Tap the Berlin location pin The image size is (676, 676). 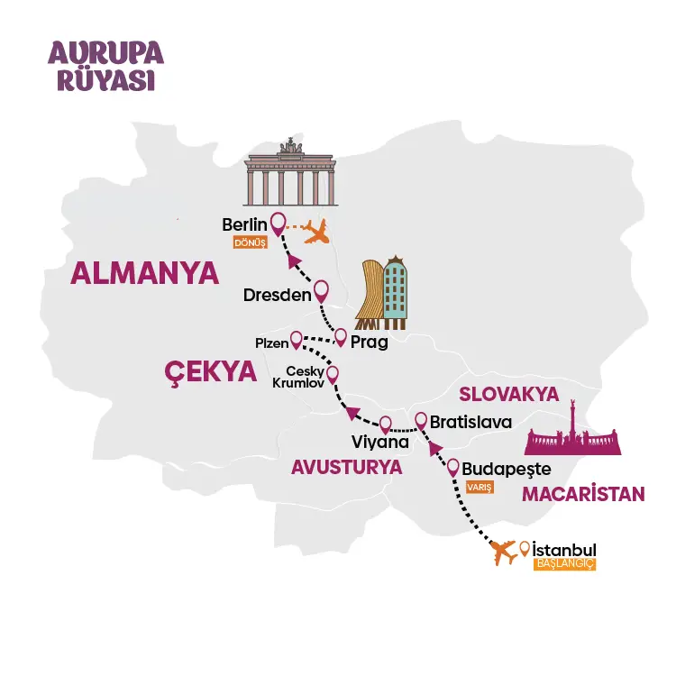279,222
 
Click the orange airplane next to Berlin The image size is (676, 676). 315,232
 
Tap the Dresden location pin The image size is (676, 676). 321,292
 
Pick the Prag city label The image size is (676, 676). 369,342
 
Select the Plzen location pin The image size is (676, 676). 296,340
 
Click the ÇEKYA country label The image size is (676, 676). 209,372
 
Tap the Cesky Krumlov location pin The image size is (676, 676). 332,373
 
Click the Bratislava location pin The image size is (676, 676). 420,420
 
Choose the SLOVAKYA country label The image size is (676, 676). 509,394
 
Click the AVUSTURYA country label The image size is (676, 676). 345,468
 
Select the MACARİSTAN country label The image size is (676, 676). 583,494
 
